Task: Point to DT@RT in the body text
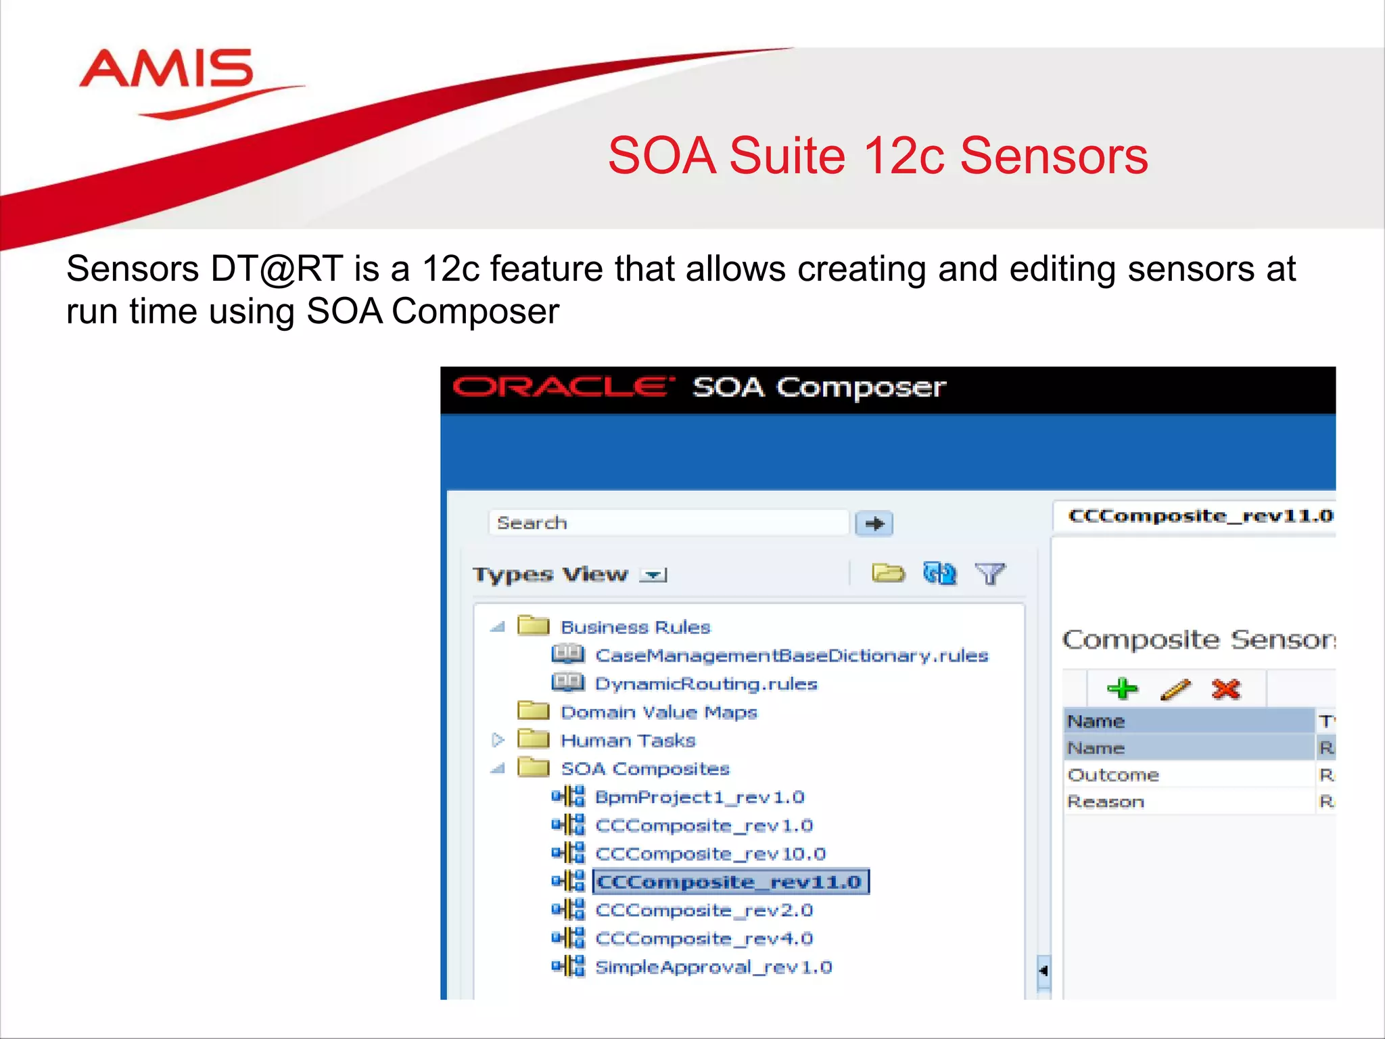click(276, 269)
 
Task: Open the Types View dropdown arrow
click(654, 575)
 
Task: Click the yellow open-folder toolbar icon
click(887, 574)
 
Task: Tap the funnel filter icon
click(990, 574)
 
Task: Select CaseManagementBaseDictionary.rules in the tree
click(791, 655)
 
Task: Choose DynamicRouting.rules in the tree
click(706, 684)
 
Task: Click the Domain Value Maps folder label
click(659, 712)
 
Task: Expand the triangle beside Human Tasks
click(498, 740)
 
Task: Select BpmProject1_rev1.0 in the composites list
click(699, 798)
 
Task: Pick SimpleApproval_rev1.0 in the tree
click(713, 967)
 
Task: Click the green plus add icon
click(1123, 689)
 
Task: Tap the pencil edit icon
click(1175, 689)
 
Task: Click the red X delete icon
click(1225, 689)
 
